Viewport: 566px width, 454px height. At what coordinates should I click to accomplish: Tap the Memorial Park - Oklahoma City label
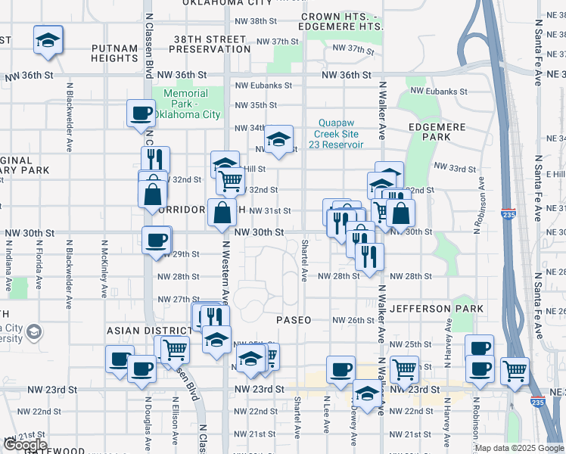coord(185,104)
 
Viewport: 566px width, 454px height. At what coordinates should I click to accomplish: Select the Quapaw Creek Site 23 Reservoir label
coord(341,133)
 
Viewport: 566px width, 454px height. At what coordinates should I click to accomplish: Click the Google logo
coord(25,445)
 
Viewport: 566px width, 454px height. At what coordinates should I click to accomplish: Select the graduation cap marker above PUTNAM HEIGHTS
coord(48,41)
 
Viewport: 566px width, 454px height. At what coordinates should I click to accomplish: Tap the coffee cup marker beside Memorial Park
coord(141,114)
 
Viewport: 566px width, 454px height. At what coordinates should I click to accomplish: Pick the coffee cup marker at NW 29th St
coord(157,240)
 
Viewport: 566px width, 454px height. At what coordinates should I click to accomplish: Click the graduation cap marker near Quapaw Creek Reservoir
coord(278,139)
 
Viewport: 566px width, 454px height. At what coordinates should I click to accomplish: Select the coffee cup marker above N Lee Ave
coord(341,369)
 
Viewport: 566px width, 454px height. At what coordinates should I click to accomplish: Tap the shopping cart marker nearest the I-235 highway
coord(515,371)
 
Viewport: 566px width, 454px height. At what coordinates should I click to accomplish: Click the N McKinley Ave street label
coord(101,262)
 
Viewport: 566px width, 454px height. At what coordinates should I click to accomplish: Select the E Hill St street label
coord(555,173)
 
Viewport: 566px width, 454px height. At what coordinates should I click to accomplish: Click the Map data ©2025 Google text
coord(519,448)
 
